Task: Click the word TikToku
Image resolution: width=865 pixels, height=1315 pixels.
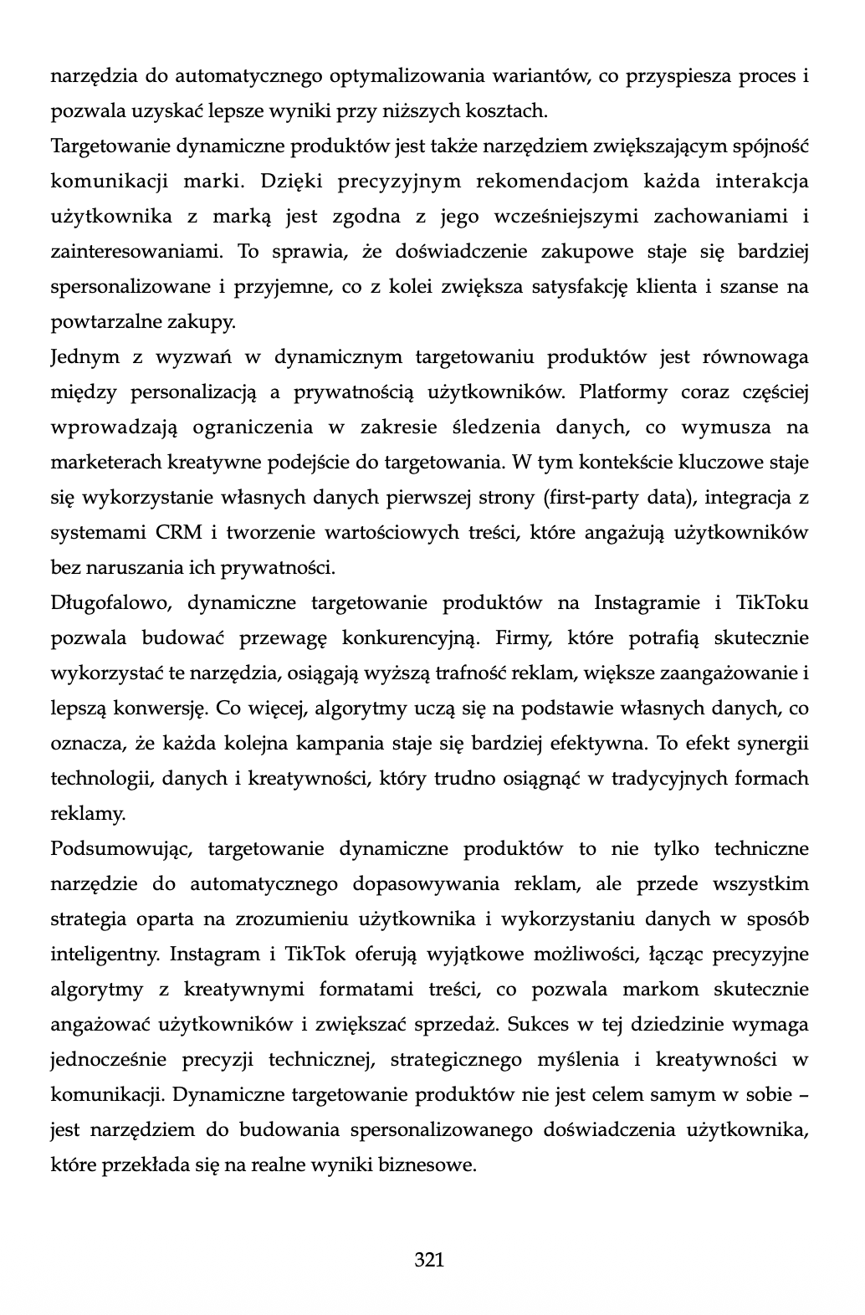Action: pyautogui.click(x=772, y=603)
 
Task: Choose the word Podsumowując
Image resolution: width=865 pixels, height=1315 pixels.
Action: pyautogui.click(x=122, y=849)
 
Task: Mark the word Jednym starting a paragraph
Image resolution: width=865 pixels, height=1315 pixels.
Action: pyautogui.click(x=85, y=357)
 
